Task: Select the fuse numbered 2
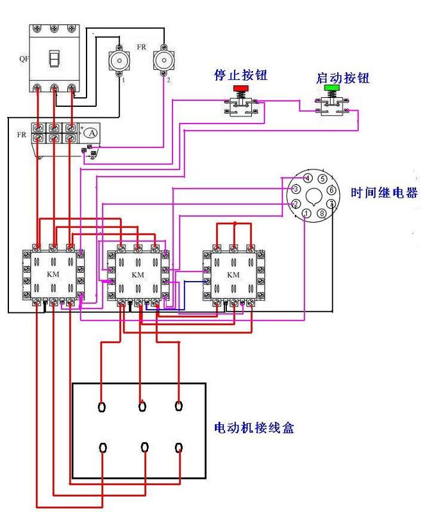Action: [164, 61]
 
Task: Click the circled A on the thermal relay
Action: [92, 133]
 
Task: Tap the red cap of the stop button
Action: [242, 88]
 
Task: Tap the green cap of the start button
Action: [331, 88]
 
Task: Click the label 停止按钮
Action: [241, 76]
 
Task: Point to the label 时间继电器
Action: [384, 192]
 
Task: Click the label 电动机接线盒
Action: [254, 428]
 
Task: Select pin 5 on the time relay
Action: [322, 179]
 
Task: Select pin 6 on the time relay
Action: [331, 190]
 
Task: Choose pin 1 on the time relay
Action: [308, 213]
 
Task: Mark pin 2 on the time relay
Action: [296, 204]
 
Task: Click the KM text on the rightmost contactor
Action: [233, 275]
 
